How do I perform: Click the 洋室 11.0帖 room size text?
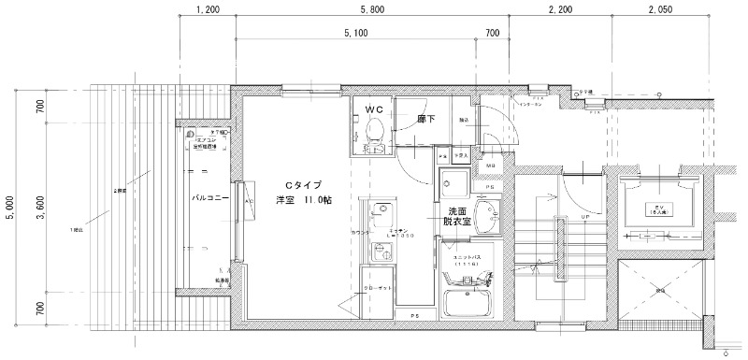click(299, 200)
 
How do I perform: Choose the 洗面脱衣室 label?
click(457, 218)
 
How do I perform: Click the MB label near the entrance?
click(491, 166)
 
